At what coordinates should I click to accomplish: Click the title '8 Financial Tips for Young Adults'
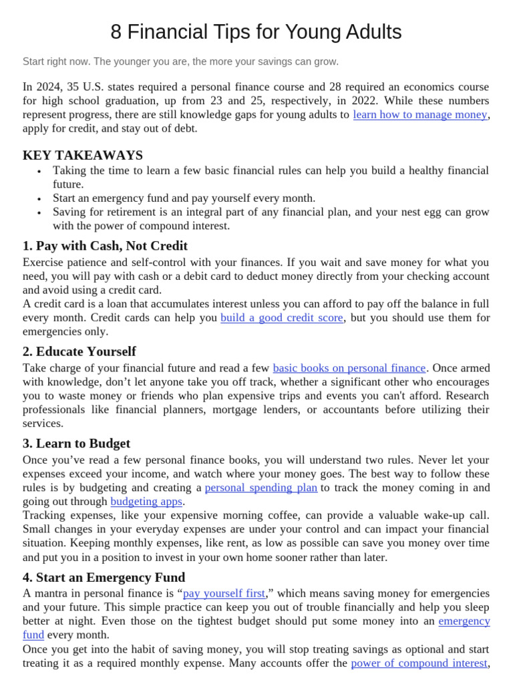(256, 32)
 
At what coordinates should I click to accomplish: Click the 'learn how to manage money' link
(419, 114)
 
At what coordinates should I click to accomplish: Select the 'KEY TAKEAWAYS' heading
(83, 155)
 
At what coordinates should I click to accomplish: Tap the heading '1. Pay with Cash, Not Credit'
(105, 245)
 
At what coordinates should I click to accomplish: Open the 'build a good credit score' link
(281, 317)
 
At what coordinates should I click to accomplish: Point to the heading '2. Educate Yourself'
(79, 351)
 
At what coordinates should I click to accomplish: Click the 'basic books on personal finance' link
(349, 367)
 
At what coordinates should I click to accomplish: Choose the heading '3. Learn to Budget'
(76, 443)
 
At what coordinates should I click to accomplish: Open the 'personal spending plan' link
(261, 488)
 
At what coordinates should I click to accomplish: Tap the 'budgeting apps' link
(146, 501)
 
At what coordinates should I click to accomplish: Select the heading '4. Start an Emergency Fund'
(104, 577)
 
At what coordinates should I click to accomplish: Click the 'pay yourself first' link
(224, 593)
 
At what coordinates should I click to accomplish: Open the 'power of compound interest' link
(419, 663)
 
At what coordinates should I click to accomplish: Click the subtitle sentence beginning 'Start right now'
(180, 61)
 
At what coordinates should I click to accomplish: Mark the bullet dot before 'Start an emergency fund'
(40, 198)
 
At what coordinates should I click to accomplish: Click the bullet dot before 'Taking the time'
(40, 171)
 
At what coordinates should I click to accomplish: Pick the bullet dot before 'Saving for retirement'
(40, 212)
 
